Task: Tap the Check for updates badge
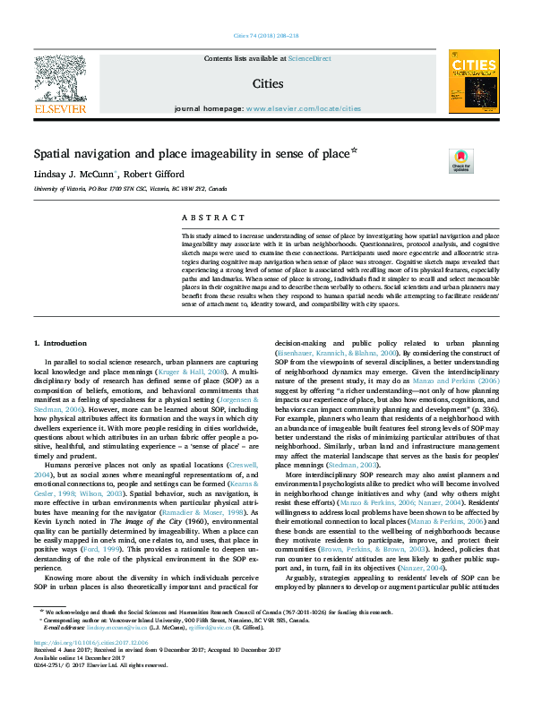[460, 160]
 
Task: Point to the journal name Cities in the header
[266, 83]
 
